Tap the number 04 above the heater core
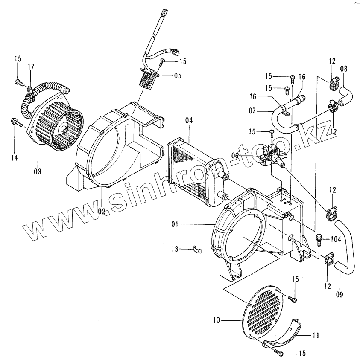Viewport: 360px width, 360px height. tap(190, 120)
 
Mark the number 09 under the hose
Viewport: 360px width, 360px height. tap(340, 294)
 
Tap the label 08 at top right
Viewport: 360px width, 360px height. tap(344, 69)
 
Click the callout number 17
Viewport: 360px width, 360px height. tap(31, 66)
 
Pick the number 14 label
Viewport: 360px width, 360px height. tap(15, 158)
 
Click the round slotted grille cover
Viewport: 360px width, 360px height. tap(261, 312)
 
